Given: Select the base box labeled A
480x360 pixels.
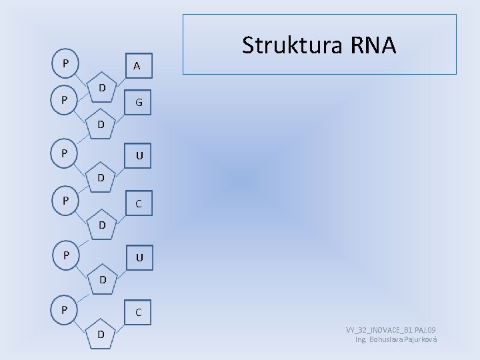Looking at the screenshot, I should click(x=136, y=65).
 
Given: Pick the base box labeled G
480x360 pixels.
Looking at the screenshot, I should click(x=139, y=103).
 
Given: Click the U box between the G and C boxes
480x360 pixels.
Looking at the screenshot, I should click(x=139, y=156).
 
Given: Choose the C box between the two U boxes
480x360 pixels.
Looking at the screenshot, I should click(x=139, y=203).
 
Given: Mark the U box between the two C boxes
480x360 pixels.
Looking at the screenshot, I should click(x=139, y=257).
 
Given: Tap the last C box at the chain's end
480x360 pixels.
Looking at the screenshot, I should click(x=138, y=312).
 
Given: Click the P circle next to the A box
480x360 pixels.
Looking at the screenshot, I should click(x=65, y=64).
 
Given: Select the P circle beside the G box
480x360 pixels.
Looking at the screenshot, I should click(x=65, y=100).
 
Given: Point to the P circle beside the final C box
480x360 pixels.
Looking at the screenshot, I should click(x=65, y=309).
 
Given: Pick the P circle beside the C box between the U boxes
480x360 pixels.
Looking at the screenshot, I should click(x=65, y=199).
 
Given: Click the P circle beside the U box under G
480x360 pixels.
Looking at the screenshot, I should click(x=65, y=153).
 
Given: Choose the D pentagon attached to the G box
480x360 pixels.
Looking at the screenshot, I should click(x=101, y=125).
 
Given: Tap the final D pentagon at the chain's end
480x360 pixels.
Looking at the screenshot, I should click(x=101, y=334).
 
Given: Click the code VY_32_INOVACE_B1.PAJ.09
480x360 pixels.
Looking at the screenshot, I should click(x=391, y=331).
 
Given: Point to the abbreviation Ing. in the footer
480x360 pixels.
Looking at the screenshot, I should click(x=361, y=340).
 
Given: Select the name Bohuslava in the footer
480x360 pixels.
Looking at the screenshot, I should click(x=386, y=340).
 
